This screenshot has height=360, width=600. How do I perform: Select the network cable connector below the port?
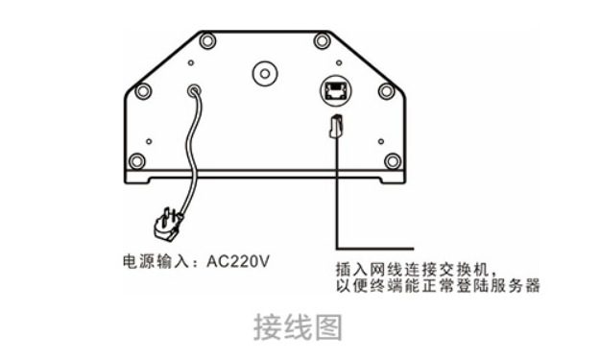(336, 126)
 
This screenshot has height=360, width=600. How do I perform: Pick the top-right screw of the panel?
(323, 40)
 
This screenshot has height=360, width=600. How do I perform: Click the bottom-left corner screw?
(137, 161)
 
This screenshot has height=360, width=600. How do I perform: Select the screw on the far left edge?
(142, 91)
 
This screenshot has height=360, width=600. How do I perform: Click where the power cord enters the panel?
(195, 91)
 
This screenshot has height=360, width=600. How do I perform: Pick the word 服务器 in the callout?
(518, 285)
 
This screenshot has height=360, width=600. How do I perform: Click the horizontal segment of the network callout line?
(374, 242)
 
